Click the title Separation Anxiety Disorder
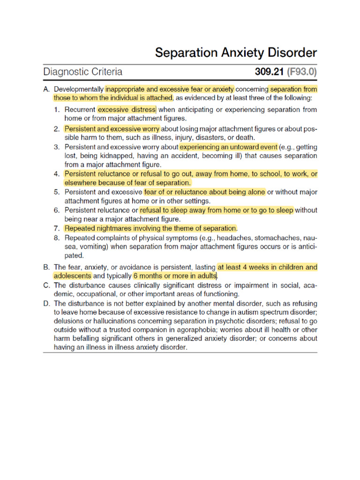pos(236,52)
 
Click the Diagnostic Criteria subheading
pos(83,72)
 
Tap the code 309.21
pos(270,72)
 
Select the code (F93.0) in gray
pos(302,72)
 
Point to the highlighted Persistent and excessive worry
pos(112,128)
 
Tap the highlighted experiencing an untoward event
pos(229,146)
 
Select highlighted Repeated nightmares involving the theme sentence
pos(150,228)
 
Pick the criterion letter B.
pos(46,267)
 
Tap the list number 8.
pos(56,238)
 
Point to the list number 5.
pos(56,192)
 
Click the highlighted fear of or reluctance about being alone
pos(204,192)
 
